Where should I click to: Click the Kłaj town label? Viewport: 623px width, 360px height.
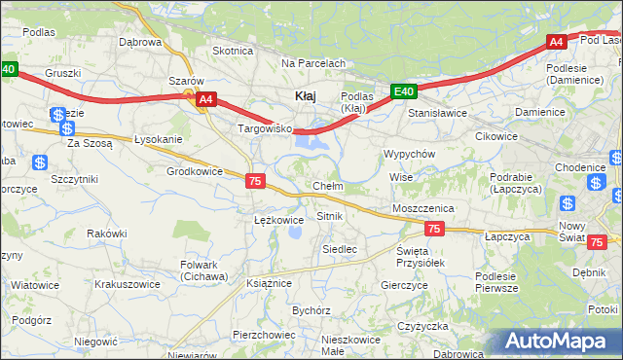(x=304, y=95)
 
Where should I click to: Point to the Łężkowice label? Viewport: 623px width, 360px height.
(x=278, y=220)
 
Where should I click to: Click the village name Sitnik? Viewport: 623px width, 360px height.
(x=329, y=215)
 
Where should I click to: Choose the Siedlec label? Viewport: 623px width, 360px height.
(x=340, y=249)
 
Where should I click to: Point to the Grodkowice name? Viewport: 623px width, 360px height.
(x=195, y=170)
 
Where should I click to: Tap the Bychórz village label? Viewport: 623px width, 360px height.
(x=311, y=310)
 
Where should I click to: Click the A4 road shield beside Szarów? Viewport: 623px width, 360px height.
(x=204, y=99)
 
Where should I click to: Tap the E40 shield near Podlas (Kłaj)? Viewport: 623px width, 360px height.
(x=405, y=92)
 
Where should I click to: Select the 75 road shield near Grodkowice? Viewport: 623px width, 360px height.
(x=255, y=181)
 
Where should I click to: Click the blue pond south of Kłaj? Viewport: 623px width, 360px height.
(x=310, y=144)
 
